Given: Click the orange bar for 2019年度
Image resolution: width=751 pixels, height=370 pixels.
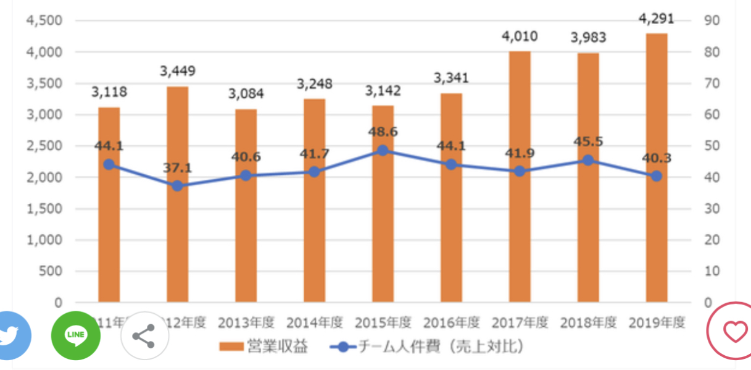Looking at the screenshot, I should (656, 235).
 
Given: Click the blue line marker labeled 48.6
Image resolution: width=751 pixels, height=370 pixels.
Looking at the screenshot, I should (383, 150).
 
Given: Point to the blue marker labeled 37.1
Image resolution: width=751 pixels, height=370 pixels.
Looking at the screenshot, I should (177, 185).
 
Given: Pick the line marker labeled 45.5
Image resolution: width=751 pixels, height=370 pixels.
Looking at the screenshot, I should (588, 161).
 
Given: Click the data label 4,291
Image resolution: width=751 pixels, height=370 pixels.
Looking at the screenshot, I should (656, 19).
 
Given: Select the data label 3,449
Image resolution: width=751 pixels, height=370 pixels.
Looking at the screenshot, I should (178, 71).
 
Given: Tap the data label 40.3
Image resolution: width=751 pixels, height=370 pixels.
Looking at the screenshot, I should (656, 158).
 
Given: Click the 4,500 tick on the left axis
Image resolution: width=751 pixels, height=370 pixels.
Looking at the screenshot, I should (44, 21).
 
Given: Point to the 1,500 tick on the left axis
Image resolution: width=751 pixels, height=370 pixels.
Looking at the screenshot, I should (44, 209).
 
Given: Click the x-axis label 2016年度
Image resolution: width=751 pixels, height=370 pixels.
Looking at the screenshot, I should (451, 322).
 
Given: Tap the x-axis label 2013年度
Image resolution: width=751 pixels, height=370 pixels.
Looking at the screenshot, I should (246, 322).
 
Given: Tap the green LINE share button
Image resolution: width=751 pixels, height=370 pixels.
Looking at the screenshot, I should (76, 335).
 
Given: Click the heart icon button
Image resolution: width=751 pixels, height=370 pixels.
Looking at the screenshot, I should (734, 332).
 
